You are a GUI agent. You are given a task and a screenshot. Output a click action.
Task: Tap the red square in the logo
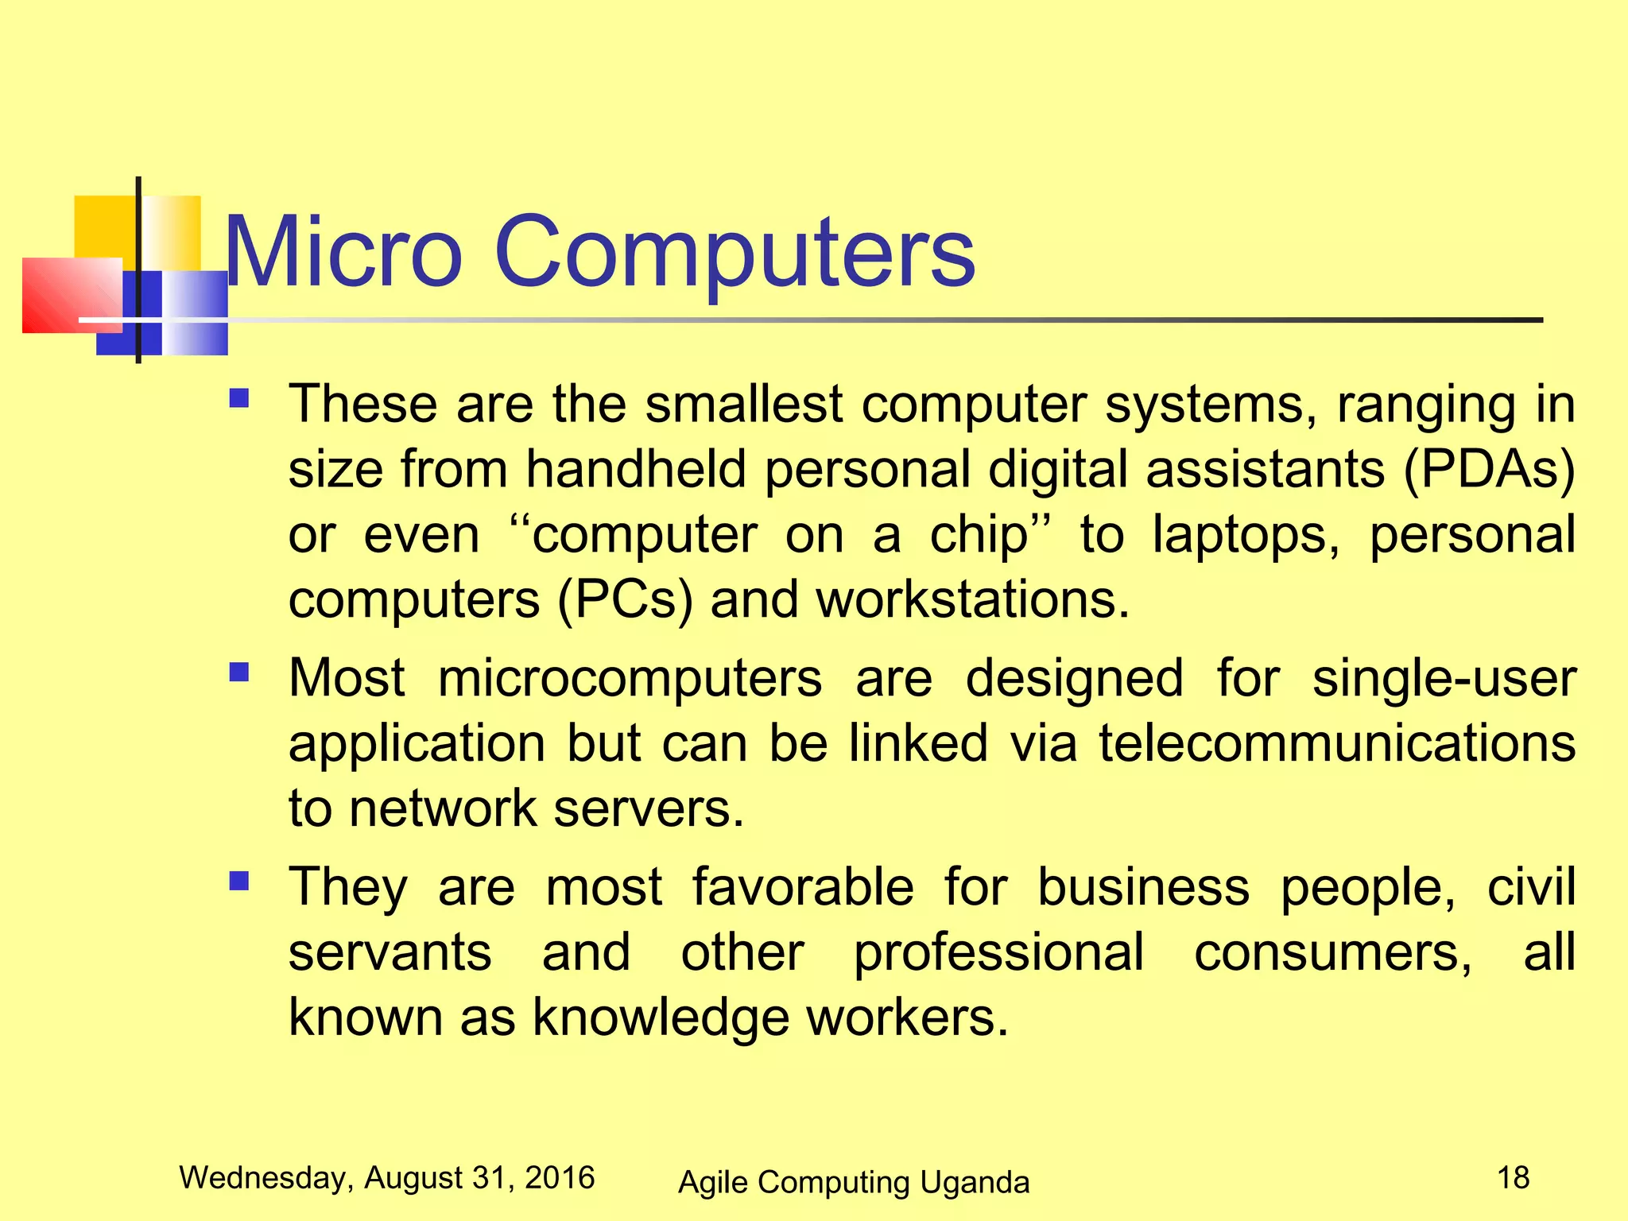point(72,295)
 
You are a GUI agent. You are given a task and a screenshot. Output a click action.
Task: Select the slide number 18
point(1513,1177)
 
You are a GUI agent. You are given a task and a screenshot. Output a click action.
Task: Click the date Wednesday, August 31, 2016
point(387,1177)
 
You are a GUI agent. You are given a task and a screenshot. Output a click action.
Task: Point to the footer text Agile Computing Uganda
point(853,1182)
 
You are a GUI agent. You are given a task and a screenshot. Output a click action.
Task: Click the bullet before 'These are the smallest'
point(238,397)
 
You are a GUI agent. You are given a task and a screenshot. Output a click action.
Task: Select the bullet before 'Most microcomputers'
point(238,673)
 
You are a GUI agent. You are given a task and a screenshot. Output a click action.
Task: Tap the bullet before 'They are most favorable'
point(238,881)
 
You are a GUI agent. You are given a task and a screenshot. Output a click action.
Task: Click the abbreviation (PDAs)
point(1489,469)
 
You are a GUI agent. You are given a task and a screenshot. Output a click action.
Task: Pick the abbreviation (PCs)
point(625,599)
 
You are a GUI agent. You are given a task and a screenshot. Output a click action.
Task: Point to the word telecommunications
point(1337,744)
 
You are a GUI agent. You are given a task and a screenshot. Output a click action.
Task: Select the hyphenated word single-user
point(1444,679)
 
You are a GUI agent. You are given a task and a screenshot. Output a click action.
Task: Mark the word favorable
point(803,887)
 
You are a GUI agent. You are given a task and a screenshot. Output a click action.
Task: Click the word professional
point(998,952)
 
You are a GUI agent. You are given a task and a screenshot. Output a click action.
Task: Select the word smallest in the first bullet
point(743,404)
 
